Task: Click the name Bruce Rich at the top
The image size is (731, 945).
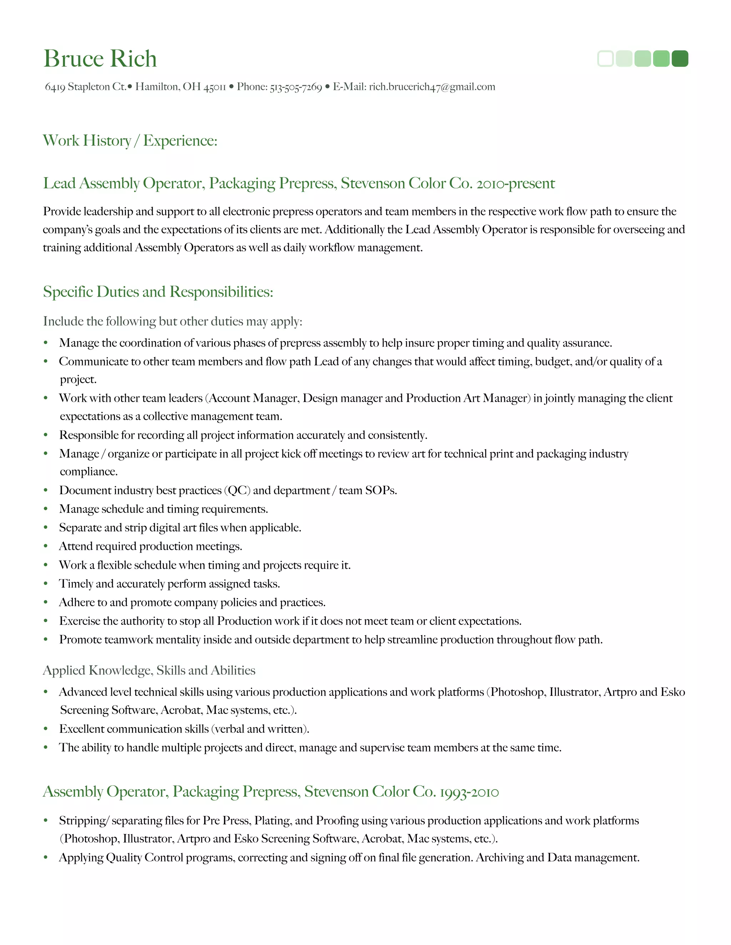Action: pos(100,58)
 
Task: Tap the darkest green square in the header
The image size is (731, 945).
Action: pos(680,58)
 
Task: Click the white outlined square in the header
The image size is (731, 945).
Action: pos(605,58)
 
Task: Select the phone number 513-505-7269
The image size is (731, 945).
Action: pos(296,87)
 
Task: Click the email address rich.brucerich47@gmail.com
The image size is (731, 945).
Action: pos(432,87)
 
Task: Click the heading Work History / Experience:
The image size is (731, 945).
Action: pos(130,141)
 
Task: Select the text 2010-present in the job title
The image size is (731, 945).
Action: pos(515,183)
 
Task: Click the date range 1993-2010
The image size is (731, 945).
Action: pos(469,792)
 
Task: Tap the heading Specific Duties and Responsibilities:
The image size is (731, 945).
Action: pos(158,292)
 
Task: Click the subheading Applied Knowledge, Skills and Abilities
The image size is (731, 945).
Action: pos(149,670)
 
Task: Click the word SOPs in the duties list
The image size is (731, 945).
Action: pos(380,490)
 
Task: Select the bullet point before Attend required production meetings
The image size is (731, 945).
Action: pos(45,546)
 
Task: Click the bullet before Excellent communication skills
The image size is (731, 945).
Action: pos(45,729)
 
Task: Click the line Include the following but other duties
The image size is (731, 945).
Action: pos(172,322)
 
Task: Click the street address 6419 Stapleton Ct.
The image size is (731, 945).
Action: pos(85,87)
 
